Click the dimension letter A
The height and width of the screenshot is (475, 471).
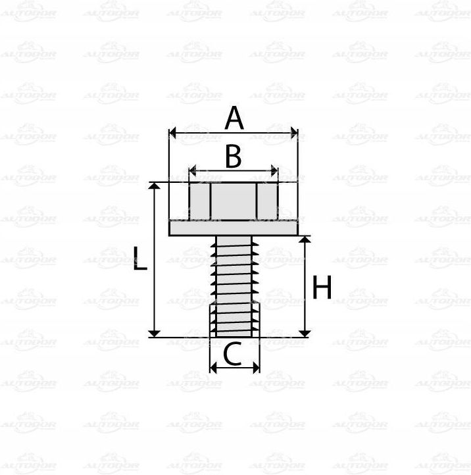[x=234, y=118]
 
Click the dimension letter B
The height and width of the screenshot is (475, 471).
[x=234, y=157]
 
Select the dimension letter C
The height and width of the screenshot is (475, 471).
[x=232, y=353]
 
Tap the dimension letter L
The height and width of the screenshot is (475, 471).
[x=140, y=258]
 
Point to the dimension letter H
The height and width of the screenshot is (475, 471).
[x=322, y=287]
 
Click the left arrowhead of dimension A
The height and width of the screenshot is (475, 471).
[x=172, y=133]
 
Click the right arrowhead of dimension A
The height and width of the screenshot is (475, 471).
[x=294, y=133]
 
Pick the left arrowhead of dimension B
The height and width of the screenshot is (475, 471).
[x=193, y=171]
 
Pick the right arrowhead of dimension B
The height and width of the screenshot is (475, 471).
[x=274, y=171]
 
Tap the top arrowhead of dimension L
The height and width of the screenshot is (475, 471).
[x=155, y=186]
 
